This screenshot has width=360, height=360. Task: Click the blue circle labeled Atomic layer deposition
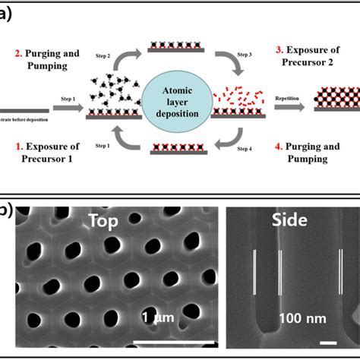pos(179,102)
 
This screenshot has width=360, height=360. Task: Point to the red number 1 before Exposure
pos(19,144)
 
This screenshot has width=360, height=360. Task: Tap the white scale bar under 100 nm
pos(328,343)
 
